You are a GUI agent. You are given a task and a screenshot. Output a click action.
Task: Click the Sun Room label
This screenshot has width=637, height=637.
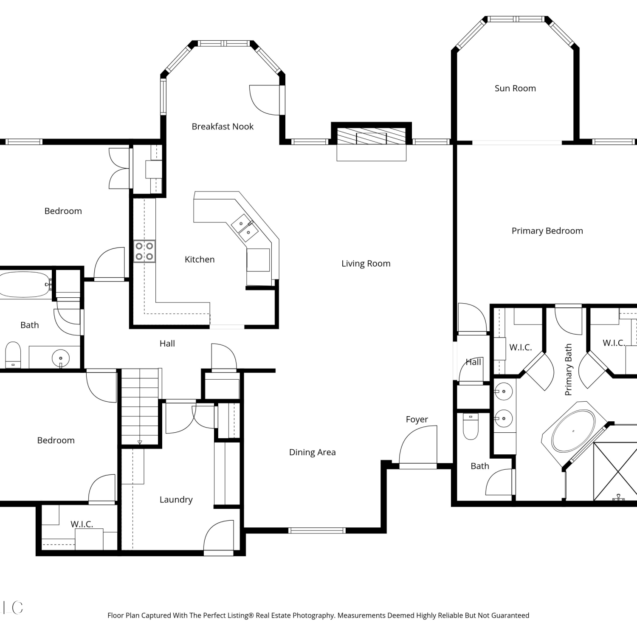pyautogui.click(x=515, y=88)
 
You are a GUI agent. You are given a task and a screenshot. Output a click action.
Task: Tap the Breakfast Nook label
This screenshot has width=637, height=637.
pyautogui.click(x=223, y=127)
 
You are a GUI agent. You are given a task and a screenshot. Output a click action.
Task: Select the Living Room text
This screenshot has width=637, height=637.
pyautogui.click(x=366, y=264)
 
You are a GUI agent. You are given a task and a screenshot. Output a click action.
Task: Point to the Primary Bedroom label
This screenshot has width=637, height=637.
pyautogui.click(x=547, y=231)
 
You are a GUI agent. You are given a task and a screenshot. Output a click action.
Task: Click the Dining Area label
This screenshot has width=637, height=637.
pyautogui.click(x=312, y=453)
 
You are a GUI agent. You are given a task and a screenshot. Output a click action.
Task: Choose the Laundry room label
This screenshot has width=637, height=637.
pyautogui.click(x=176, y=500)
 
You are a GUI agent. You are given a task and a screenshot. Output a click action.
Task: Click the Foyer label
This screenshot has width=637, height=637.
pyautogui.click(x=417, y=420)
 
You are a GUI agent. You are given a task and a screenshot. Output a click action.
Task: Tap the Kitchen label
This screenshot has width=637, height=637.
pyautogui.click(x=200, y=259)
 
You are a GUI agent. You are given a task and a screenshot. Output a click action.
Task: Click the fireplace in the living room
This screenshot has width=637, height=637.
pyautogui.click(x=372, y=138)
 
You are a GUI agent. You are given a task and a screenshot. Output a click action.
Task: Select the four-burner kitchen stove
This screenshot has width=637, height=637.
pyautogui.click(x=144, y=251)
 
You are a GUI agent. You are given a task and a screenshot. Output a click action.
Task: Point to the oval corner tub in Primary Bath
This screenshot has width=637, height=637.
pyautogui.click(x=573, y=431)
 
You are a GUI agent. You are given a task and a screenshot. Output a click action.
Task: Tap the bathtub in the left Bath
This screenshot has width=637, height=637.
pyautogui.click(x=25, y=285)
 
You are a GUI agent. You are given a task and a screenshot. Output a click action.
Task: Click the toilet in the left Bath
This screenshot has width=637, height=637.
pyautogui.click(x=13, y=355)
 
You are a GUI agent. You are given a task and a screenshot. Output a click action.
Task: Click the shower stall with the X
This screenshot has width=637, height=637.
pyautogui.click(x=615, y=471)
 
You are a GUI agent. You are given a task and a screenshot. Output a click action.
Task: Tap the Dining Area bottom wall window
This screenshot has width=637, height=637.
pyautogui.click(x=317, y=530)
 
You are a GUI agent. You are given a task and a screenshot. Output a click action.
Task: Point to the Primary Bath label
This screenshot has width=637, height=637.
pyautogui.click(x=568, y=370)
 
